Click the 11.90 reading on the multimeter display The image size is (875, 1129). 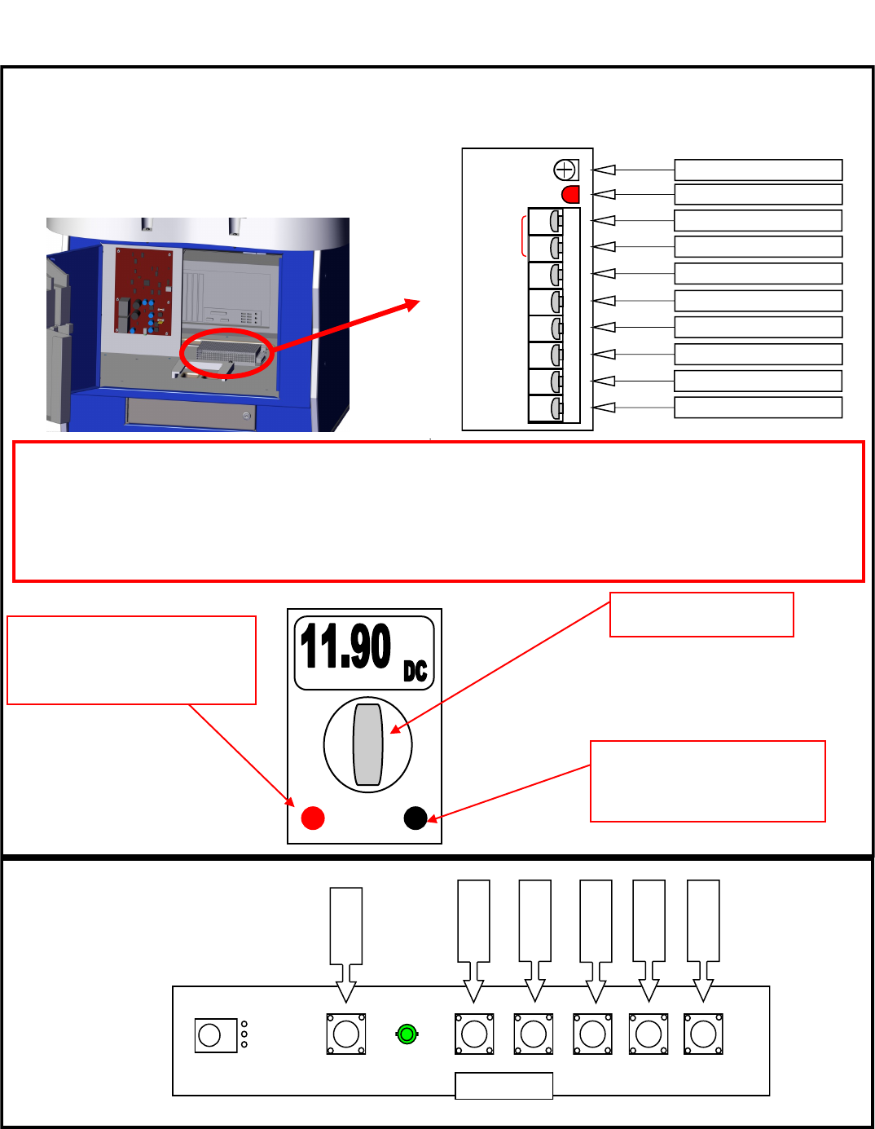[345, 646]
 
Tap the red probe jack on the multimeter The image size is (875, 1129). [313, 818]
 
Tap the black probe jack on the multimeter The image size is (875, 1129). [416, 818]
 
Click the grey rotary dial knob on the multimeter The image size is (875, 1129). [368, 744]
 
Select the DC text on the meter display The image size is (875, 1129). [416, 671]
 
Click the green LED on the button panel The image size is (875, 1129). [407, 1034]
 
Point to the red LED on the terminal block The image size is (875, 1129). [570, 194]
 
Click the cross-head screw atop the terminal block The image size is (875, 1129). [565, 170]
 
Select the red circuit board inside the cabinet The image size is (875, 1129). [143, 291]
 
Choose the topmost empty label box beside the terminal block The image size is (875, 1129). [758, 170]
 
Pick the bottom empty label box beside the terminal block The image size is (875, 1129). [758, 408]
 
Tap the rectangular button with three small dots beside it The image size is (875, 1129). [215, 1035]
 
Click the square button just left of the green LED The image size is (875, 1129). [346, 1034]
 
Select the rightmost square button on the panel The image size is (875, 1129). [703, 1034]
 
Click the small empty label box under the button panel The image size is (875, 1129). [503, 1086]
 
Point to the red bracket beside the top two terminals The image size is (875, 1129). [522, 236]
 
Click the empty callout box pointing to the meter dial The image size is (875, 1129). [701, 615]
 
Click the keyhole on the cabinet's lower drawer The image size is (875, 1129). [246, 416]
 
